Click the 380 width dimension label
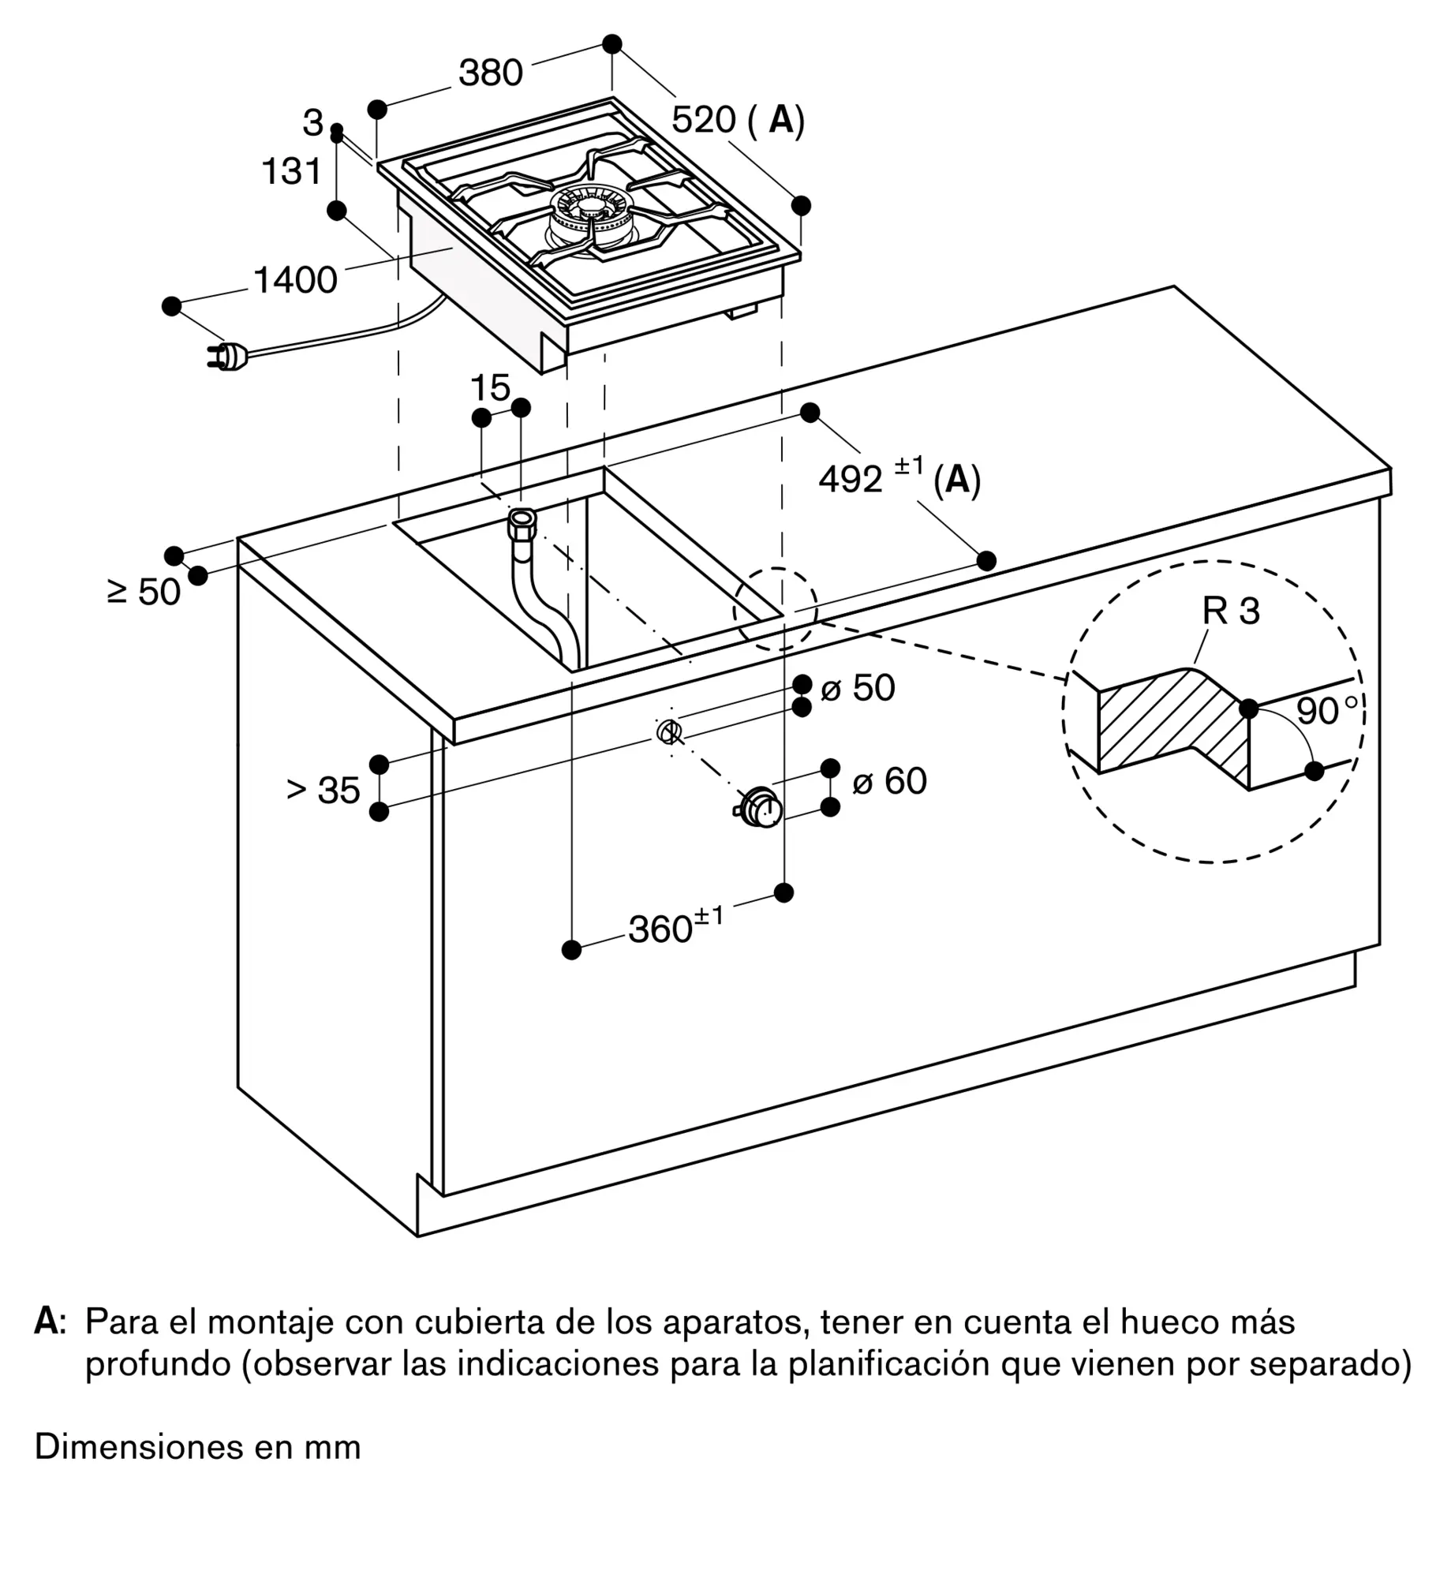(490, 73)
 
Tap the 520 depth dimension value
(703, 119)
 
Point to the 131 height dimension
(292, 171)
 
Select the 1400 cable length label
(295, 279)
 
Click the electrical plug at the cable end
(227, 357)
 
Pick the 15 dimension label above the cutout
(490, 387)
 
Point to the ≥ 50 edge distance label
(144, 592)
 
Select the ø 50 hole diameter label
(858, 688)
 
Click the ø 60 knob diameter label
(889, 781)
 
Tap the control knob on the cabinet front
(759, 807)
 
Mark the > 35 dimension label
(323, 790)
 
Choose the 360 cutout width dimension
(675, 926)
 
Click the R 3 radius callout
(1231, 611)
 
